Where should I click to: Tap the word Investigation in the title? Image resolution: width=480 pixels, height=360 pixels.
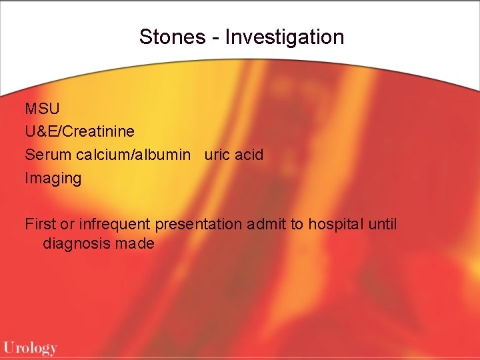[285, 37]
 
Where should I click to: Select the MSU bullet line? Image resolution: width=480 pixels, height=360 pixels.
[41, 108]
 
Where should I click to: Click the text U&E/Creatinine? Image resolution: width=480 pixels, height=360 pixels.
[79, 131]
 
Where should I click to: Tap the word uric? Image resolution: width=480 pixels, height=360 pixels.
[217, 155]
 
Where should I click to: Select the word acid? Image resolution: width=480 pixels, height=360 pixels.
[249, 155]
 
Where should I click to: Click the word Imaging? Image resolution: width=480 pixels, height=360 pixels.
[53, 179]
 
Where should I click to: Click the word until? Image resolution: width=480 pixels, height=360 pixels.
[383, 224]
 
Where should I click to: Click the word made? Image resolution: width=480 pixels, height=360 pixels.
[134, 244]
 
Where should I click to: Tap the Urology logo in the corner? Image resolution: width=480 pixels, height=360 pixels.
[31, 347]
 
